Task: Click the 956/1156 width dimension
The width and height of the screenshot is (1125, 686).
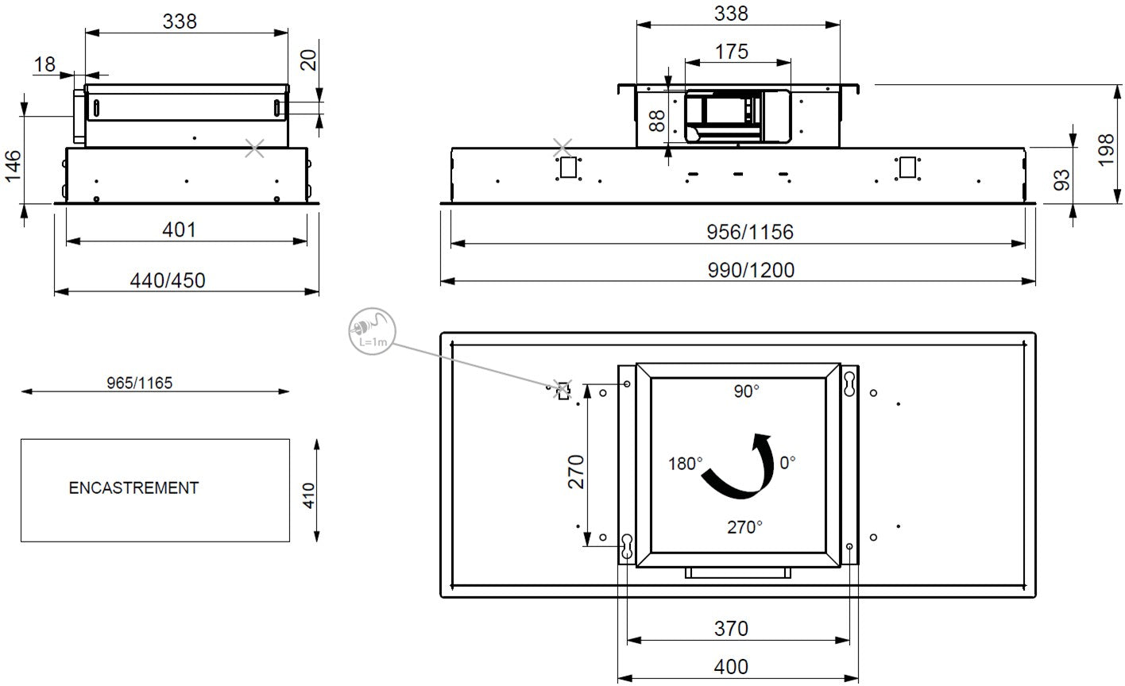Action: pyautogui.click(x=750, y=232)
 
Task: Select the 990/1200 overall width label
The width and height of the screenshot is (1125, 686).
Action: pyautogui.click(x=751, y=270)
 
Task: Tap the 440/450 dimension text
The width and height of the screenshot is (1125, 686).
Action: pyautogui.click(x=168, y=280)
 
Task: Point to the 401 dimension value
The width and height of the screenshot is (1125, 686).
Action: pyautogui.click(x=179, y=229)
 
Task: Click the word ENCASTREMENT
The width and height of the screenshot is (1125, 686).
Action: pyautogui.click(x=133, y=488)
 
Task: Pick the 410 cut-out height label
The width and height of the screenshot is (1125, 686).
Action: pyautogui.click(x=309, y=495)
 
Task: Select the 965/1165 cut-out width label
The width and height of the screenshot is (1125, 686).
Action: pyautogui.click(x=139, y=383)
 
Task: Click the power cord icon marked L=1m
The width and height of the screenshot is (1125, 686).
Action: pyautogui.click(x=372, y=331)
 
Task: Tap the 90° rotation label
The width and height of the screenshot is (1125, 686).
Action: pyautogui.click(x=746, y=391)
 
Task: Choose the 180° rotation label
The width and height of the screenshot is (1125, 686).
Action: pyautogui.click(x=685, y=463)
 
